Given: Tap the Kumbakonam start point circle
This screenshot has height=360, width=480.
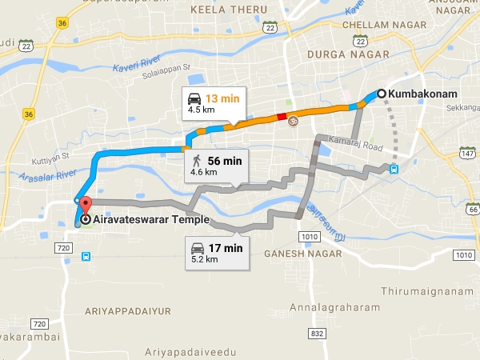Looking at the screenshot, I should pyautogui.click(x=382, y=94).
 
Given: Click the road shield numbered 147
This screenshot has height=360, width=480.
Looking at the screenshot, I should pyautogui.click(x=468, y=152).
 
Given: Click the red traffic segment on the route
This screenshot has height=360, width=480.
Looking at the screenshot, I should pyautogui.click(x=282, y=118).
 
